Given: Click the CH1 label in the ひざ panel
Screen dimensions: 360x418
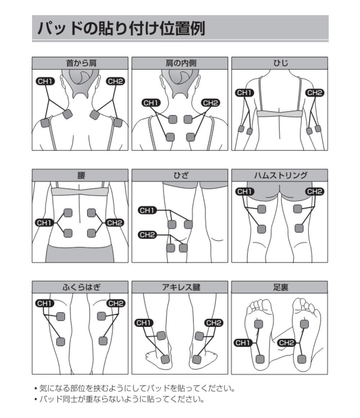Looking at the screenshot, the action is point(147,210).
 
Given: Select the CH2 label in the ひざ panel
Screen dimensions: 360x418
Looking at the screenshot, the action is point(147,235).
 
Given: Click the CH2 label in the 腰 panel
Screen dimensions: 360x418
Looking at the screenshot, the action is point(114,223).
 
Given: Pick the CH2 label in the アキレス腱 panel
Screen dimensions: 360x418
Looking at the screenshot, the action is point(213,323).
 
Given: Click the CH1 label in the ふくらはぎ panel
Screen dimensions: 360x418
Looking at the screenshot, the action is point(45,303).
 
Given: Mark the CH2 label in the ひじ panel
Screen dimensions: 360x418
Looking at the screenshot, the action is point(315,93).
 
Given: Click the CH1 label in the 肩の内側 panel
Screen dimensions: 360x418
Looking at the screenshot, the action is point(151,103).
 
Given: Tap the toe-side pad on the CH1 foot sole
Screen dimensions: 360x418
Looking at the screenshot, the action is point(258,324).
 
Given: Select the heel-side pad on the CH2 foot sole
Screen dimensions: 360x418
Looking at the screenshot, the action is point(302,359).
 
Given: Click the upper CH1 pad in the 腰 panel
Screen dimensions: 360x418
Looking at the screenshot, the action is point(68,213).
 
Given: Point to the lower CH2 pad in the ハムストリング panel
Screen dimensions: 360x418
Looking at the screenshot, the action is point(299,228).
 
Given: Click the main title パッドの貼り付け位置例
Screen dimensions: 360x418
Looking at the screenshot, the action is point(121,28).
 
